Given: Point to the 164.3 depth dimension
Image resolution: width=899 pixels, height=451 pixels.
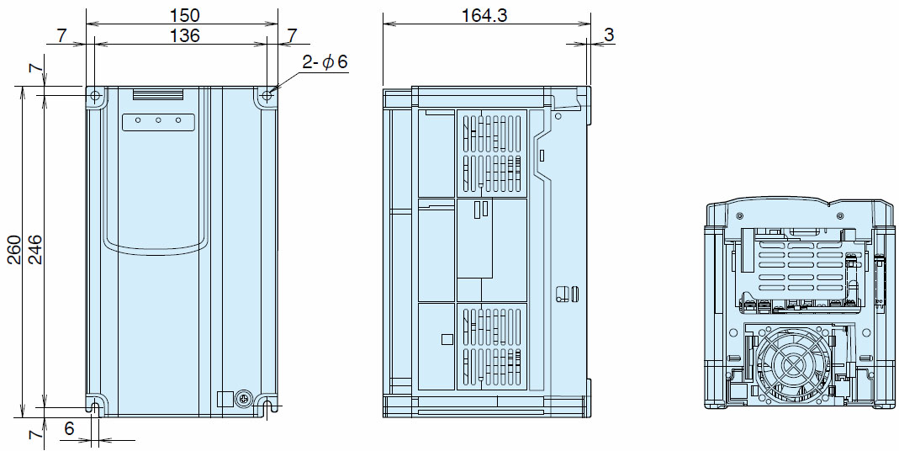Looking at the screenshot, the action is [484, 15].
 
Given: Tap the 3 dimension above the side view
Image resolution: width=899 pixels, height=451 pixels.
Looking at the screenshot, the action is [609, 35].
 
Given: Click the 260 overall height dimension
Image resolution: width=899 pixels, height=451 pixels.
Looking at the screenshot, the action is [14, 248].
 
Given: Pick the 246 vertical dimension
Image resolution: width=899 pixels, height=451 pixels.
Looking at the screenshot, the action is [34, 248].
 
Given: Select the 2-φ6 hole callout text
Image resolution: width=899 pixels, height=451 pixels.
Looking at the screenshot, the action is [325, 62].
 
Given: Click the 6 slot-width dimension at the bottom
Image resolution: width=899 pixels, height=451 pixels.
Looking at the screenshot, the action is [69, 429].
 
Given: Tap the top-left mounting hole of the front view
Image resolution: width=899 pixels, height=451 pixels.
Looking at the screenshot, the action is [95, 95].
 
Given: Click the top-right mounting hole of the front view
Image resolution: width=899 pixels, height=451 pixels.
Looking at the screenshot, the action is [267, 95].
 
